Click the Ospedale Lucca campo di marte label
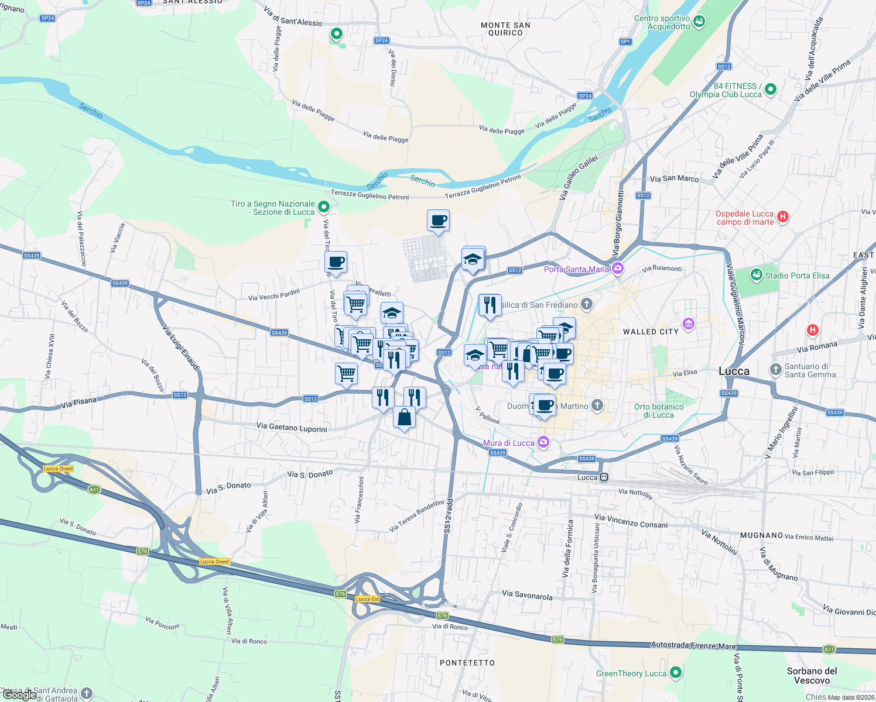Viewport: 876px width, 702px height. tap(744, 218)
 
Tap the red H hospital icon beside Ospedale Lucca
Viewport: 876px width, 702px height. tap(782, 217)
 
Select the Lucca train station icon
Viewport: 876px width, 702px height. tap(604, 477)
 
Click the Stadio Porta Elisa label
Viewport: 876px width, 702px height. tap(797, 276)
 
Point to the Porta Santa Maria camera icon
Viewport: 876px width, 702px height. tap(617, 269)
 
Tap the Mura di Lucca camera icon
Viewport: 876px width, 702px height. tap(543, 443)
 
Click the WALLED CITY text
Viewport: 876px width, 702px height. tap(651, 332)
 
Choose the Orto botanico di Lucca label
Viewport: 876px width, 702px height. tap(659, 411)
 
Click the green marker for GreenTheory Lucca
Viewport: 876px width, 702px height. tap(675, 673)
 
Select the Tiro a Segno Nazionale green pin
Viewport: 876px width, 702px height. tap(324, 207)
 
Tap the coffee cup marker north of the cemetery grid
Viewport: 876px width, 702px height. tap(438, 221)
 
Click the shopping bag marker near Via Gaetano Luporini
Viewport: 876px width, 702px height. tap(404, 418)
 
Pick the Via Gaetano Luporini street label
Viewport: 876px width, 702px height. tap(292, 428)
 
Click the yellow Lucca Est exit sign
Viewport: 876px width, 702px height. tap(367, 599)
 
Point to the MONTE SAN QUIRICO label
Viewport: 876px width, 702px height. tap(505, 29)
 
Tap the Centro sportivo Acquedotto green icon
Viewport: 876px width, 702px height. tap(699, 22)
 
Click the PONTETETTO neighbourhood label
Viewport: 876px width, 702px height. tap(467, 663)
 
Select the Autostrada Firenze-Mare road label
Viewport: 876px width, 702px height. tap(693, 645)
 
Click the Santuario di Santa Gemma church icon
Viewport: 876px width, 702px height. tap(775, 369)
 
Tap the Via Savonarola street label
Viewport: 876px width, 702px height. tap(527, 596)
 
